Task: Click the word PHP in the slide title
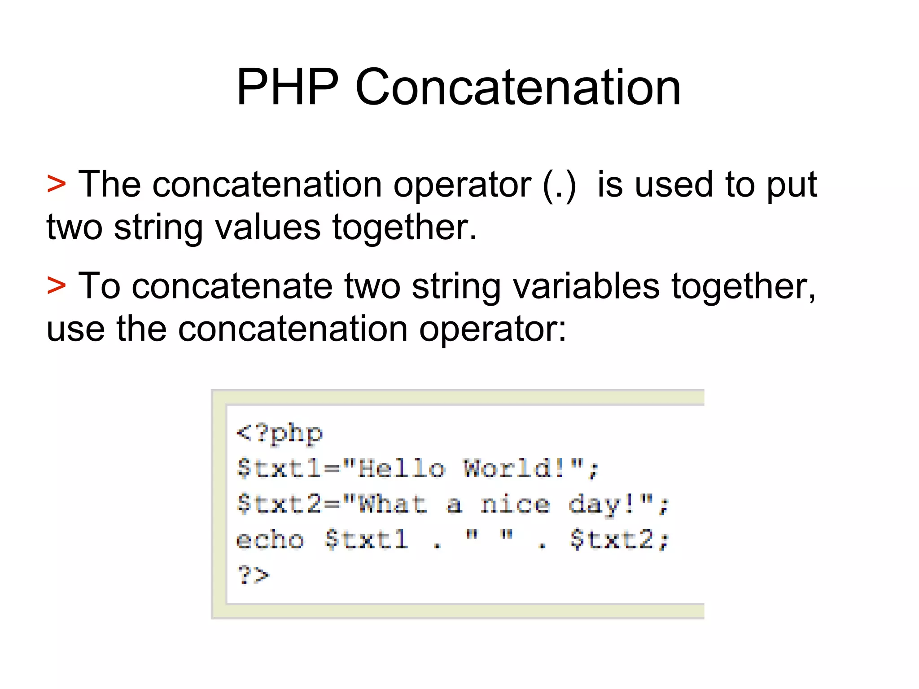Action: (288, 87)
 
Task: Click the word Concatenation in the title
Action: (518, 87)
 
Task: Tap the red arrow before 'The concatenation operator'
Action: (57, 184)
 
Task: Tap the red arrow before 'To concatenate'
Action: (57, 285)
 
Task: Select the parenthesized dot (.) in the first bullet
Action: (559, 185)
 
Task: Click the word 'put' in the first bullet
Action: (792, 185)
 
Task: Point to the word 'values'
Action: (268, 227)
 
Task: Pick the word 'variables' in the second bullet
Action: (586, 286)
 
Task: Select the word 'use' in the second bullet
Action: (75, 329)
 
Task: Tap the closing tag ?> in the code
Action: (253, 574)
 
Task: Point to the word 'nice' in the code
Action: (515, 504)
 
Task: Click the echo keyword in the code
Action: (270, 540)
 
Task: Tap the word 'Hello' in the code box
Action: (401, 469)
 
